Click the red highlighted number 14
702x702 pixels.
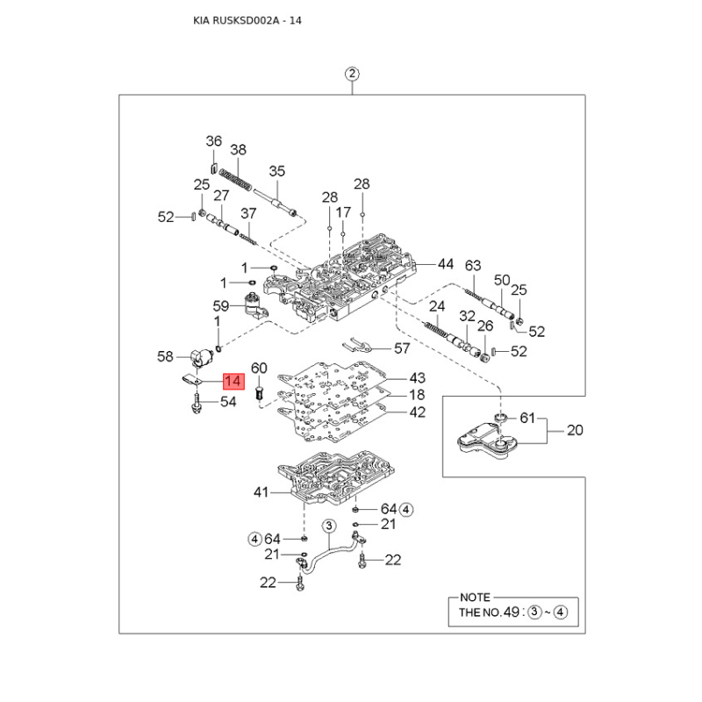pos(233,381)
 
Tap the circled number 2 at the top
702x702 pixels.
pos(352,74)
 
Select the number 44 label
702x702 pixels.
pos(445,264)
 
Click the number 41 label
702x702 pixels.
pos(261,492)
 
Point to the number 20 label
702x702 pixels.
pos(575,430)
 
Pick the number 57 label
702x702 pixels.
pos(402,348)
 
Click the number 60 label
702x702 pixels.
pos(259,368)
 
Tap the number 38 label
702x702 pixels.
pos(238,149)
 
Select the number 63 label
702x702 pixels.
pos(473,266)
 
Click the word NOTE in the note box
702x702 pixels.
pos(475,598)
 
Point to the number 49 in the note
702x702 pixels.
pos(512,612)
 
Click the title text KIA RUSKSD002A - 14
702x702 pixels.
pos(247,20)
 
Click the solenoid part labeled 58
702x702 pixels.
pos(203,358)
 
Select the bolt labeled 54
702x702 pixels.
pos(196,403)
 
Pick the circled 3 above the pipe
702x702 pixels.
pos(329,526)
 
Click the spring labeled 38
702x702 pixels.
pos(234,179)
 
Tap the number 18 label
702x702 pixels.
pos(417,395)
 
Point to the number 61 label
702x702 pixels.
pos(527,419)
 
